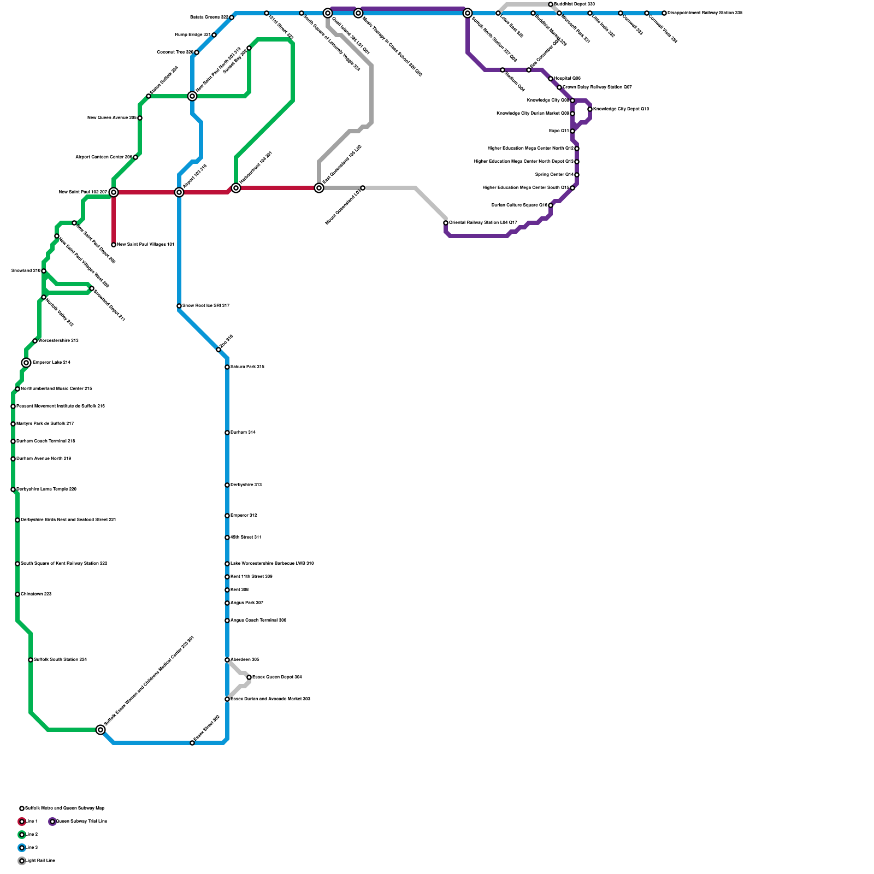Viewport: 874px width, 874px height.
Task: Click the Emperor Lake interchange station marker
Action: [26, 363]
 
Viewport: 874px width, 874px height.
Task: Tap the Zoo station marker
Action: [218, 350]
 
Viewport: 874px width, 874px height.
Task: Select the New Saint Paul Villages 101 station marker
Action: [114, 245]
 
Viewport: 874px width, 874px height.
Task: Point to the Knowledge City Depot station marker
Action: [590, 109]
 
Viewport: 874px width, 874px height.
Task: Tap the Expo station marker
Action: [572, 131]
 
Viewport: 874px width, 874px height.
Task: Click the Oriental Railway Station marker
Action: [446, 223]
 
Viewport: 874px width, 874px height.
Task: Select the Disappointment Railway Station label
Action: [704, 13]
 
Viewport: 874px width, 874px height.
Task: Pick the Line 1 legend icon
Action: [22, 822]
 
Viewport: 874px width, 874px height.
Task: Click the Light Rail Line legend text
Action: [40, 861]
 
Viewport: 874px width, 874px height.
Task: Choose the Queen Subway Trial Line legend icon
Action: [52, 822]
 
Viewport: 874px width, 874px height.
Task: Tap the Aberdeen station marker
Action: [227, 660]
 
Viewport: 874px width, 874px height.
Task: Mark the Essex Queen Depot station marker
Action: [249, 677]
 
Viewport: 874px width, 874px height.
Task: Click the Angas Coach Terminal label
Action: [258, 621]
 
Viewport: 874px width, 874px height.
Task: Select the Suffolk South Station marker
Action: [31, 660]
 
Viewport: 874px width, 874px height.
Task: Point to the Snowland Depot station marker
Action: [92, 288]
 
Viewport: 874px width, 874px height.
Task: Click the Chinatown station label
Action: [36, 594]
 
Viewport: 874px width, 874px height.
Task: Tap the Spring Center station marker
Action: [577, 175]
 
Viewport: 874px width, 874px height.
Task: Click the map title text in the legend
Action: [64, 808]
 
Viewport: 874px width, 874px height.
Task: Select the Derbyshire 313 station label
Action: [246, 485]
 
